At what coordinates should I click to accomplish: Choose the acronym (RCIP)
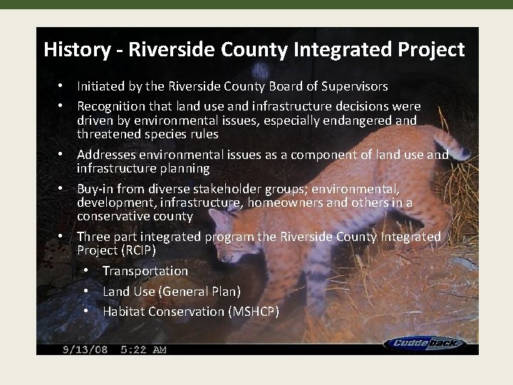pos(140,250)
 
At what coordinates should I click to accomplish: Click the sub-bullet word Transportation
pos(145,271)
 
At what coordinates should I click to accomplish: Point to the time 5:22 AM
pos(144,349)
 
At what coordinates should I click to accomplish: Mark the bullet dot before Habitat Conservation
pos(86,312)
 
